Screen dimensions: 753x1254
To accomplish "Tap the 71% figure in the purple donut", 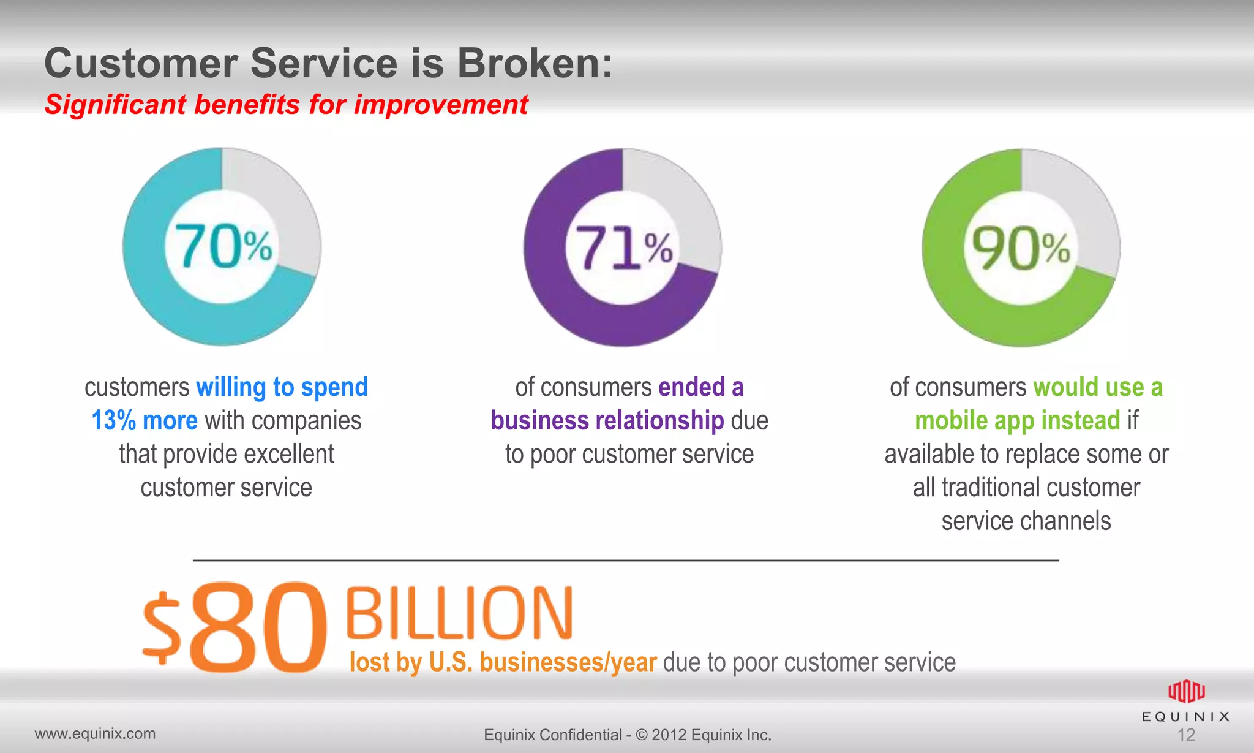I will [x=623, y=249].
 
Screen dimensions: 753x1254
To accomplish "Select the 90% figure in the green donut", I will [x=1021, y=249].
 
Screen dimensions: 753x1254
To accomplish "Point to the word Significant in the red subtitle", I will [x=115, y=104].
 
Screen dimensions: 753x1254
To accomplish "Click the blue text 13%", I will [x=113, y=421].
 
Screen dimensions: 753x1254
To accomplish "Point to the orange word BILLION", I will [x=459, y=613].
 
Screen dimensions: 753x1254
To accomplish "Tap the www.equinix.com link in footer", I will [x=95, y=733].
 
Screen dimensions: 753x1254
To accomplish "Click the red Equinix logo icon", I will [x=1186, y=692].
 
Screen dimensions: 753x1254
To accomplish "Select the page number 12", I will [x=1186, y=735].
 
